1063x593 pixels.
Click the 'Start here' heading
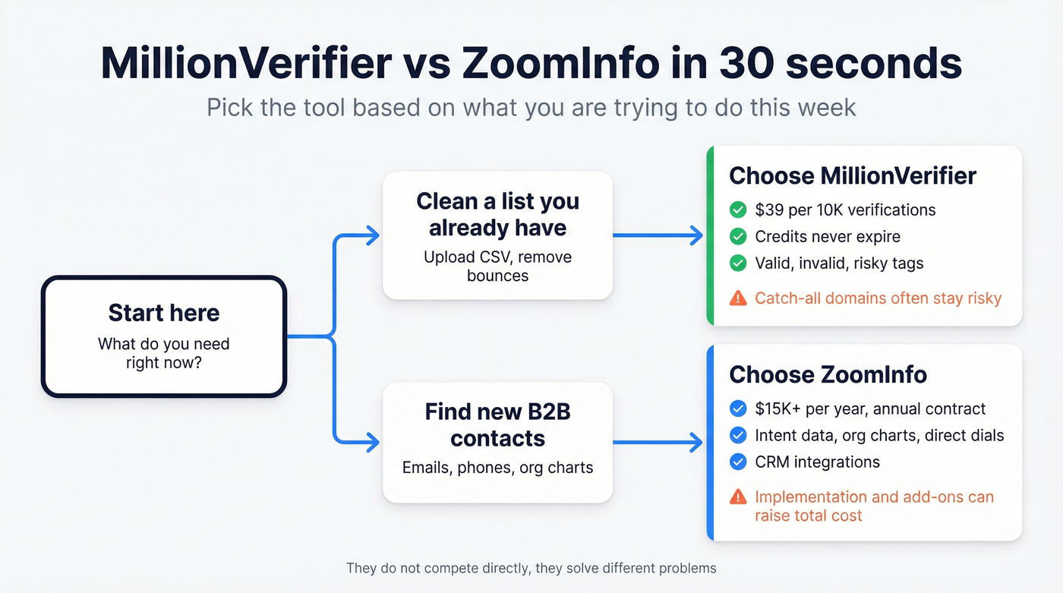[x=163, y=313]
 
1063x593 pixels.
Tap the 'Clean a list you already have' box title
[x=497, y=214]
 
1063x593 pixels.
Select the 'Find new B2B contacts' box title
[x=497, y=424]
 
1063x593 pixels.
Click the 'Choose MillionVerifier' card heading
[x=853, y=176]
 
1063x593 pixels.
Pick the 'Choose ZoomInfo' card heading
[x=828, y=374]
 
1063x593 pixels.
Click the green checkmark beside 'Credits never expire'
[x=737, y=237]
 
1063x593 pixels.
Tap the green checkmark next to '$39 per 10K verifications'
[x=737, y=210]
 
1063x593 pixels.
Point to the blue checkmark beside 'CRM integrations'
[x=737, y=462]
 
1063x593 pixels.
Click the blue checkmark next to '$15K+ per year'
[x=737, y=409]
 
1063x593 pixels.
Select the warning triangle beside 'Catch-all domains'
[x=737, y=298]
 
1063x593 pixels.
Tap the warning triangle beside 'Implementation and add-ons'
[x=737, y=497]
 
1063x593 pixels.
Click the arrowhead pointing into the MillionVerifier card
[x=696, y=235]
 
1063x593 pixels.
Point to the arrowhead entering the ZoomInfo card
[x=696, y=442]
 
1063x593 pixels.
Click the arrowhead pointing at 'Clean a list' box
[x=371, y=235]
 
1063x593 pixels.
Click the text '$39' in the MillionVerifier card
[x=770, y=210]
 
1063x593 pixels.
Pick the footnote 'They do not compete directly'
[x=531, y=568]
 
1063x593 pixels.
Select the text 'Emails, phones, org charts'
[x=497, y=468]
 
